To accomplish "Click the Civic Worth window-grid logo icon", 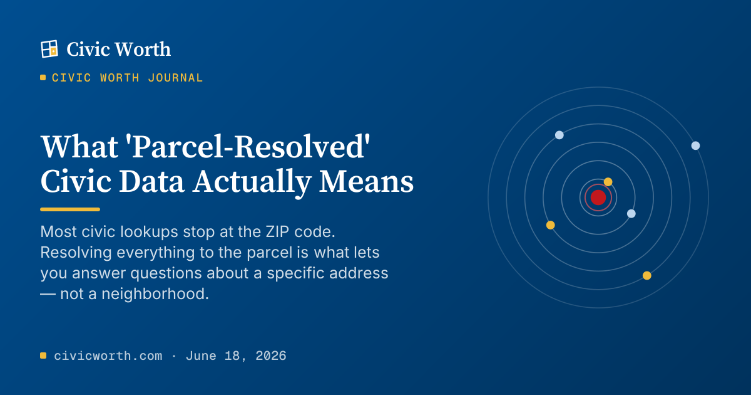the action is pos(49,49).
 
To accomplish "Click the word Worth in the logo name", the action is pos(143,50).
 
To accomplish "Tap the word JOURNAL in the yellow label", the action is pos(175,78).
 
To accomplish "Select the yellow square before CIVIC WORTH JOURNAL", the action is pos(43,78).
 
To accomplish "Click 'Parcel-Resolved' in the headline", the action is pos(250,147).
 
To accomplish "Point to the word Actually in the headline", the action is pos(252,182).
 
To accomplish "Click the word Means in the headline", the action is pos(366,181).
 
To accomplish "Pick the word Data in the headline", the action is pos(151,181).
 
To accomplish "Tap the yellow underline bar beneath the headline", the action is pos(70,209).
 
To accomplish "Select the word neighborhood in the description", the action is pos(155,293).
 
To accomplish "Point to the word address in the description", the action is pos(359,273).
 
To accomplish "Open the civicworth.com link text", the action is pos(108,355).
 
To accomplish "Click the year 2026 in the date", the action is pos(271,355).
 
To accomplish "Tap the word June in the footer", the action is pos(201,355).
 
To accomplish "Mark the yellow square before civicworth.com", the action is pos(43,355).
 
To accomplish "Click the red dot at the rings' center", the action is pos(598,197).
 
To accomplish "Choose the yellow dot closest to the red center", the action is pos(608,182).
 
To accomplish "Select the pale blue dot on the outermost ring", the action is pos(696,145).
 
